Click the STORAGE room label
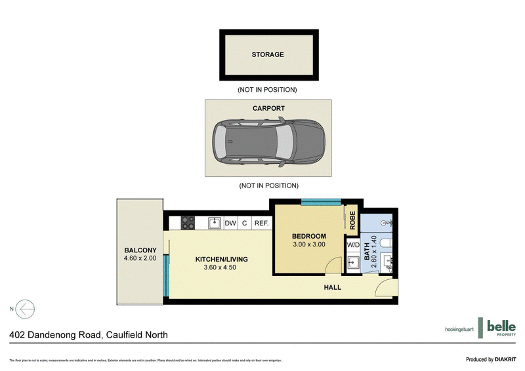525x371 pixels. click(268, 54)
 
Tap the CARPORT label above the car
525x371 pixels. click(268, 109)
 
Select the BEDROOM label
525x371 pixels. click(308, 237)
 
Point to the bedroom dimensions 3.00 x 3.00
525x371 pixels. click(308, 245)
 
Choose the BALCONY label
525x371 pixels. click(140, 250)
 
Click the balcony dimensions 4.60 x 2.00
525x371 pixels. click(140, 258)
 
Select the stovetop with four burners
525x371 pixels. click(188, 223)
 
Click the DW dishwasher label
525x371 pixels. click(230, 224)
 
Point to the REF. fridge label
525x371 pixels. click(261, 224)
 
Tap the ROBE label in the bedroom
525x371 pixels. click(352, 220)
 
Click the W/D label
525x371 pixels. click(353, 245)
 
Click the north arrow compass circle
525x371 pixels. click(26, 308)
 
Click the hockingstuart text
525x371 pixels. click(459, 328)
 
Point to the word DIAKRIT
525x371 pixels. click(503, 359)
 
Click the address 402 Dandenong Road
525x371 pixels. click(56, 335)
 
